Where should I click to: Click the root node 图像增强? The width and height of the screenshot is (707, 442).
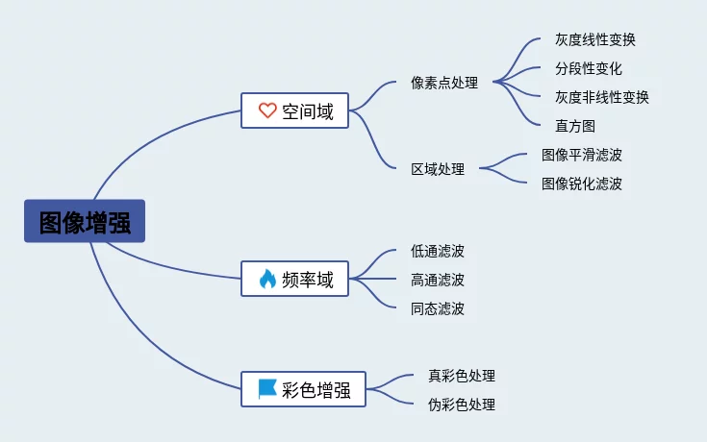[x=85, y=221]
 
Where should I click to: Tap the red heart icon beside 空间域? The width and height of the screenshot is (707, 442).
[x=267, y=110]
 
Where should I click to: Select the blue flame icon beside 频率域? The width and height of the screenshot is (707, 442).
[x=267, y=279]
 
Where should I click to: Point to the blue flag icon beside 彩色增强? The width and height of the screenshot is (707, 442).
[x=267, y=389]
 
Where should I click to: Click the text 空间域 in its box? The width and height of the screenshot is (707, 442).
[x=308, y=111]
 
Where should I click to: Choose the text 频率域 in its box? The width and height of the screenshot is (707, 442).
[x=308, y=280]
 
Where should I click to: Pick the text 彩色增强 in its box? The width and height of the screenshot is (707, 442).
[x=316, y=390]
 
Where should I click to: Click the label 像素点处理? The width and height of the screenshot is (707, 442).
[x=444, y=83]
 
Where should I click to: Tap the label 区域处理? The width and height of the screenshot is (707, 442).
[x=438, y=169]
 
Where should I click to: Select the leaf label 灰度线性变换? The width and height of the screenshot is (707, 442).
[x=595, y=39]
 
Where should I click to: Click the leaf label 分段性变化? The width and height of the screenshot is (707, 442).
[x=589, y=68]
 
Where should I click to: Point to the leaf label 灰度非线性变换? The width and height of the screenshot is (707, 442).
[x=602, y=97]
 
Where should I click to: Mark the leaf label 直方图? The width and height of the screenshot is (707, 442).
[x=575, y=126]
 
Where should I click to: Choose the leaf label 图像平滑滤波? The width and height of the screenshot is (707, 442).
[x=582, y=155]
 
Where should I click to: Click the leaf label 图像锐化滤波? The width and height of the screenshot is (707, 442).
[x=582, y=184]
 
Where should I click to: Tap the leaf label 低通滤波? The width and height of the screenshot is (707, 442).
[x=438, y=251]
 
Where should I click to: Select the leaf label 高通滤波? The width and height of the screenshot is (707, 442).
[x=438, y=280]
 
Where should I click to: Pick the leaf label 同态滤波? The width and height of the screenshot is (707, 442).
[x=438, y=308]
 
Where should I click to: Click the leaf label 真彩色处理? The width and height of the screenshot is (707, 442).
[x=462, y=376]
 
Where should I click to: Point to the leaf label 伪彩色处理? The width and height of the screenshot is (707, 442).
[x=462, y=405]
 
